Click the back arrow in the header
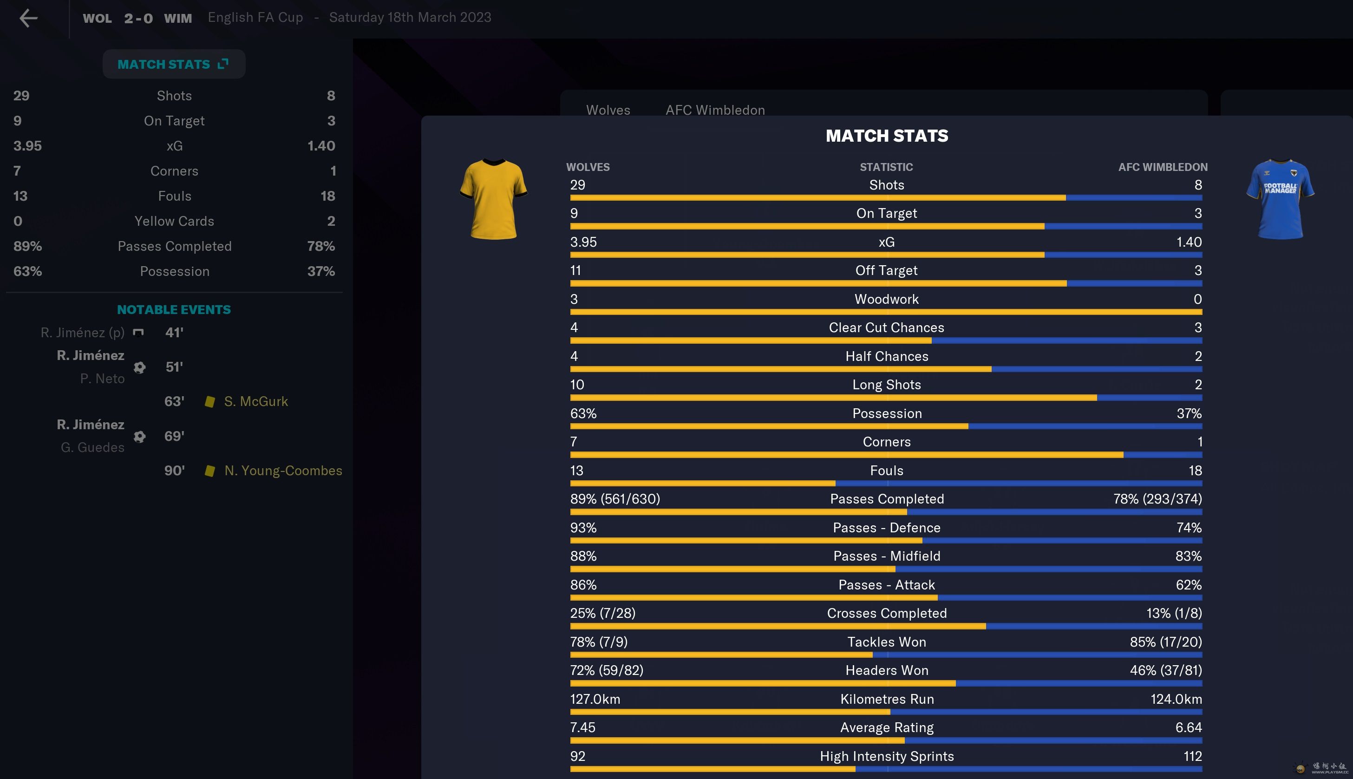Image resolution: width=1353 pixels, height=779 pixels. [28, 18]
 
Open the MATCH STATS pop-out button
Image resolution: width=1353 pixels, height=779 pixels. [174, 64]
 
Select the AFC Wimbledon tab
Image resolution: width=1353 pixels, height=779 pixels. [715, 110]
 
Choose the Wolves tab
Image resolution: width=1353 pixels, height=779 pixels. [608, 110]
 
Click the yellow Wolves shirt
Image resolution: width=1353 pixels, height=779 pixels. [493, 199]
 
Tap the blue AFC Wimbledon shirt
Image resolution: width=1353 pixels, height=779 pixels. [1280, 199]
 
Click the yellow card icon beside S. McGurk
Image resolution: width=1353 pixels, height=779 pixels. [210, 402]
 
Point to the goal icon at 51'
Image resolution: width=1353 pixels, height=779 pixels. [140, 367]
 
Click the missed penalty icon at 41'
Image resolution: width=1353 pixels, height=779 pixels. [138, 333]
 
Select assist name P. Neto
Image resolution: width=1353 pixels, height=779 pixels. [102, 379]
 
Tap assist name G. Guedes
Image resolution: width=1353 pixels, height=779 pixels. [92, 447]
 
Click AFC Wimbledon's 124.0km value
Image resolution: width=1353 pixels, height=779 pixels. [1176, 699]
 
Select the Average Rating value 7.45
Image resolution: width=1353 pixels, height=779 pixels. [582, 727]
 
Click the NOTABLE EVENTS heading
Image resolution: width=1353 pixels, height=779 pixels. [174, 310]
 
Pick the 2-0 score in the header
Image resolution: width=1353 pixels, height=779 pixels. [138, 18]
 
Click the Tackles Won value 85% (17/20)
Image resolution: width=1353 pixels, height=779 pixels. [1165, 642]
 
